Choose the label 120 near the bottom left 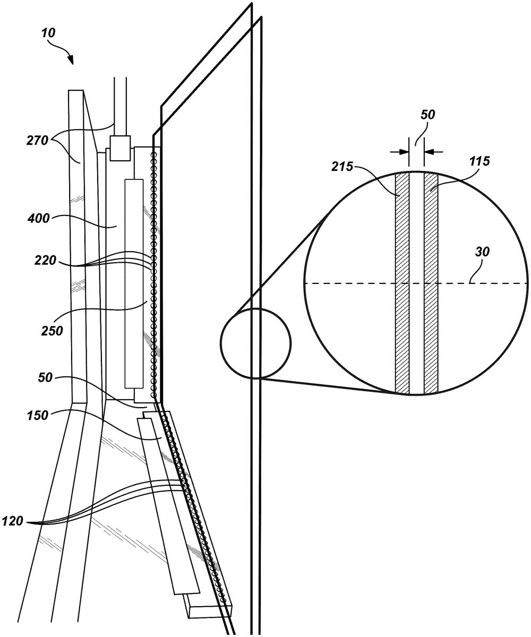point(12,521)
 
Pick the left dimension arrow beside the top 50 point(399,151)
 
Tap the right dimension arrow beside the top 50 point(434,151)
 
